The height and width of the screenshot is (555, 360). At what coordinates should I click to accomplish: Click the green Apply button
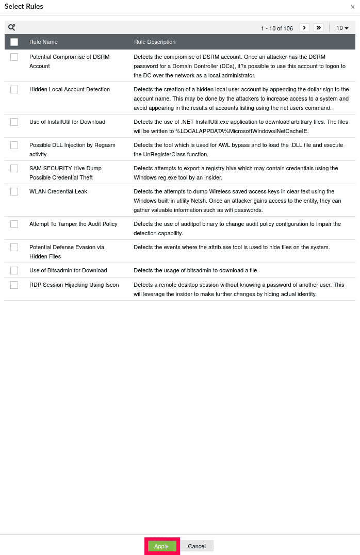tap(161, 546)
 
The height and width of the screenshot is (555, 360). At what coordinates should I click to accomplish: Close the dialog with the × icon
tap(352, 7)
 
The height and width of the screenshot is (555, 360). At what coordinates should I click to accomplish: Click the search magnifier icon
tap(11, 27)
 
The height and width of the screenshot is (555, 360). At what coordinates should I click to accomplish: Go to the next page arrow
tap(304, 28)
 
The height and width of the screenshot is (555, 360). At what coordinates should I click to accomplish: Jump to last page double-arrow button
tap(318, 28)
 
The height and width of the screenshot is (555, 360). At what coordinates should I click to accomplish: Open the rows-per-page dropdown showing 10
tap(342, 28)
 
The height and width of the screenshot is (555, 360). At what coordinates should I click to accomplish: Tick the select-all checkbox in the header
tap(14, 42)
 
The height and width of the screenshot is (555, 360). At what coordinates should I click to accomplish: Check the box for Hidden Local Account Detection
tap(14, 89)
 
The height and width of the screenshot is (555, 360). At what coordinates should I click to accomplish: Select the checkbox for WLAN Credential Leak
tap(14, 191)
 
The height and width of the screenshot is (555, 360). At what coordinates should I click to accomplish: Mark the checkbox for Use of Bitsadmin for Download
tap(14, 270)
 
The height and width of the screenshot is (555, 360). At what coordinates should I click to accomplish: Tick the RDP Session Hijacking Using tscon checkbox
tap(14, 285)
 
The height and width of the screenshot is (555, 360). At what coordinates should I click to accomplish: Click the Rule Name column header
tap(43, 42)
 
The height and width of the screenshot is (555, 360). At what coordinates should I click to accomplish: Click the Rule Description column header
tap(155, 42)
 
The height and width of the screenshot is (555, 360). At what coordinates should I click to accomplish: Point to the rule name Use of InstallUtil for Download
tap(67, 122)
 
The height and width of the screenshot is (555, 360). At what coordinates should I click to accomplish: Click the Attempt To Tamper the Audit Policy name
tap(73, 224)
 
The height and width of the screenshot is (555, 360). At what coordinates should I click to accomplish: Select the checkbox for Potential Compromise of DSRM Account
tap(14, 57)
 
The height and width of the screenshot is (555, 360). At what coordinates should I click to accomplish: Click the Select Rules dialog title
tap(24, 7)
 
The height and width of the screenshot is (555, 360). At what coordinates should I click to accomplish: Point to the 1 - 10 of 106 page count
tap(276, 28)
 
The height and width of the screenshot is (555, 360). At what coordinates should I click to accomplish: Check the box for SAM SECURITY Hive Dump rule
tap(14, 168)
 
